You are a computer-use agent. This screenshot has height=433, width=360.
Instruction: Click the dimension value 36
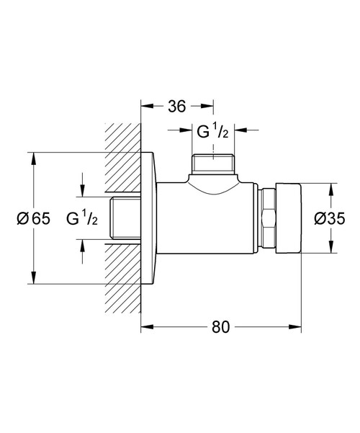click(x=176, y=106)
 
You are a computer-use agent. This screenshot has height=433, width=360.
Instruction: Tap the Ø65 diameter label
click(x=32, y=218)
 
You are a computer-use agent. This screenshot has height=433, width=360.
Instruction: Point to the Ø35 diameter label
click(x=331, y=218)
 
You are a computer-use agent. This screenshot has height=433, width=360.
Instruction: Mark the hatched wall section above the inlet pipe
click(x=122, y=159)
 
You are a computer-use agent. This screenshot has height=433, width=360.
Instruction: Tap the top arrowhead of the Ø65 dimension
click(x=33, y=157)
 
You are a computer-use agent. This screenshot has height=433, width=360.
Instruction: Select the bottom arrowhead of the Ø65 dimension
click(x=33, y=280)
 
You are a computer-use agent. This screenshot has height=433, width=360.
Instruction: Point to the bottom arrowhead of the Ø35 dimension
click(x=332, y=249)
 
